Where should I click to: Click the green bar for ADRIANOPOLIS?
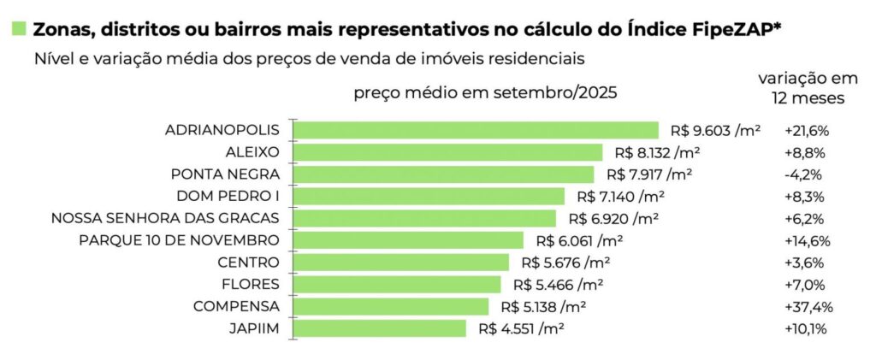click(476, 130)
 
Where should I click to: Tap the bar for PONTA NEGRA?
click(443, 174)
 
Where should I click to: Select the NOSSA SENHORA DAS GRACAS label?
click(165, 218)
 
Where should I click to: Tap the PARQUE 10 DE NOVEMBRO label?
click(179, 240)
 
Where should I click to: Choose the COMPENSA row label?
click(236, 306)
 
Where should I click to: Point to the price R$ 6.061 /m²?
click(580, 240)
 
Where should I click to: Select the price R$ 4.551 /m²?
click(522, 328)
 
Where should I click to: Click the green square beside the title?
click(18, 29)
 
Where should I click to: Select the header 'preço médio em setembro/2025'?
click(485, 92)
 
